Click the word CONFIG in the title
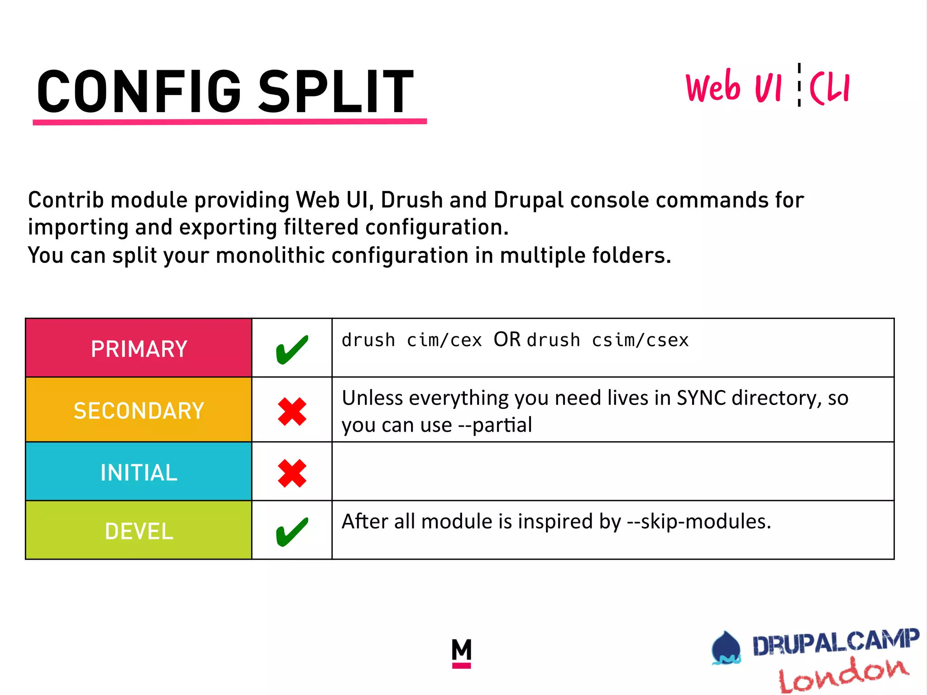[x=139, y=92]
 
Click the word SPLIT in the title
[x=335, y=92]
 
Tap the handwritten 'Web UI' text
[x=733, y=87]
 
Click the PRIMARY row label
[x=139, y=349]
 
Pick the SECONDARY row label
[x=139, y=411]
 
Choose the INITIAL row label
[x=139, y=473]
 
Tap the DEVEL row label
[x=139, y=531]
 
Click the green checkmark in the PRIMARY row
[x=292, y=349]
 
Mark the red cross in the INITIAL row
[x=292, y=473]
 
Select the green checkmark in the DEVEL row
[x=292, y=532]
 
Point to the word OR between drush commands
[x=507, y=339]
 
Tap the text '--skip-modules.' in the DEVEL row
[x=699, y=522]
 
